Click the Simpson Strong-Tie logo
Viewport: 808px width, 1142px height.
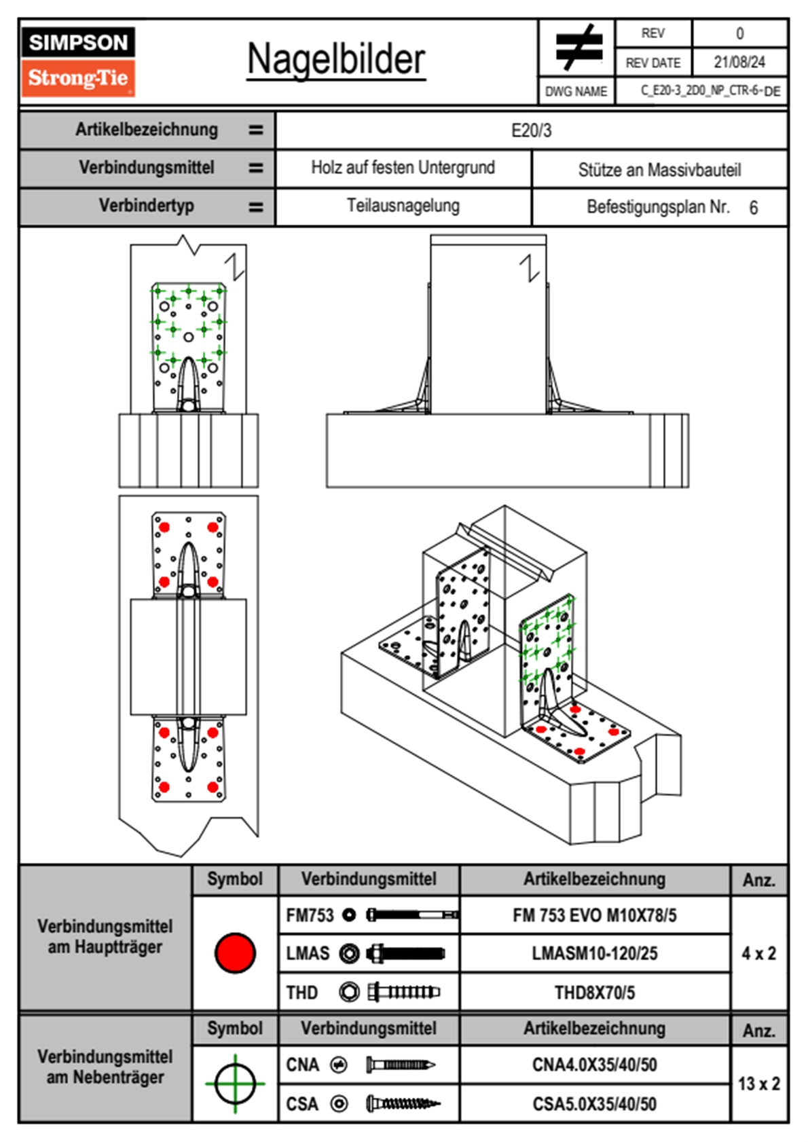click(78, 61)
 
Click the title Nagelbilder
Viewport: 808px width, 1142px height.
click(336, 60)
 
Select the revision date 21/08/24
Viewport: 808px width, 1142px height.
click(739, 62)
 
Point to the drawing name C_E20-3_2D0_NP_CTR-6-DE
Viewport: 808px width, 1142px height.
click(710, 91)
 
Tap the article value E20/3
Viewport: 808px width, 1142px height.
click(531, 130)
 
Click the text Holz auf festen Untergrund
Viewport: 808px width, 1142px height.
click(403, 168)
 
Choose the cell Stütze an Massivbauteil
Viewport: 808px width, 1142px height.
click(659, 170)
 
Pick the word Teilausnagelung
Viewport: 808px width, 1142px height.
click(403, 206)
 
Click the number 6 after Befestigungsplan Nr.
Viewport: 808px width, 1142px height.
click(753, 208)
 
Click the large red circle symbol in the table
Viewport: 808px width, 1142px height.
click(235, 953)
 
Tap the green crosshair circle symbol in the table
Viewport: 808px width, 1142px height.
click(235, 1084)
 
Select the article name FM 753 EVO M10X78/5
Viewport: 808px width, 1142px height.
click(594, 916)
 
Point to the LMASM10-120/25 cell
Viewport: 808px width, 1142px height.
click(594, 954)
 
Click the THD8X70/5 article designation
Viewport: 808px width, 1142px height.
click(594, 993)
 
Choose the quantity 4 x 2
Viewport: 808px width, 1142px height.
click(758, 954)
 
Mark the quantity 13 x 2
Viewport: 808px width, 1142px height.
click(758, 1084)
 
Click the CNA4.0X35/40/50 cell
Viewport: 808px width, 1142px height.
click(594, 1065)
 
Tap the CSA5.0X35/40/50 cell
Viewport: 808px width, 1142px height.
click(594, 1104)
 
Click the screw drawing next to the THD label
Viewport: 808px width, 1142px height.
click(403, 992)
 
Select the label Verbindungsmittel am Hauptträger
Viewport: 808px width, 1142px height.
click(105, 936)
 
